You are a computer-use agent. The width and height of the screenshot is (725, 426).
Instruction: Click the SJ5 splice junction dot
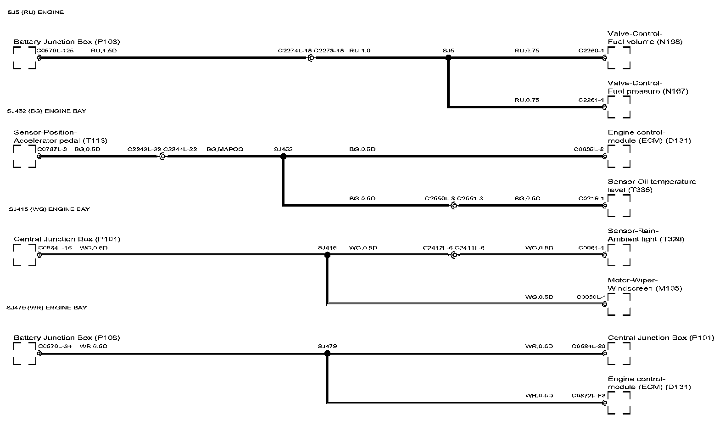tap(448, 58)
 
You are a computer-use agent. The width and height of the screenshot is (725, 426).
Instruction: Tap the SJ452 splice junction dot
tap(283, 157)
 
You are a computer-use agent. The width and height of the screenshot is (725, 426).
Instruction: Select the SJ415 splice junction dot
tap(327, 255)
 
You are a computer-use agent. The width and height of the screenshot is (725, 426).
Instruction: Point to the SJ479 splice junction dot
tap(327, 353)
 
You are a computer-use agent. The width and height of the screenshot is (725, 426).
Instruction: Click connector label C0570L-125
tap(55, 50)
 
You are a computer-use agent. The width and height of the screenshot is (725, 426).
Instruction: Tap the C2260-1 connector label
tap(591, 50)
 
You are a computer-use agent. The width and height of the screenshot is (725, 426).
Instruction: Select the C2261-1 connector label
tap(591, 100)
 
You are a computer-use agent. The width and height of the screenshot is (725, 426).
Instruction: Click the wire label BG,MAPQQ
tap(225, 149)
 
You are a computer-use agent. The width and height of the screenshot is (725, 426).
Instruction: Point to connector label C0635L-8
tap(589, 149)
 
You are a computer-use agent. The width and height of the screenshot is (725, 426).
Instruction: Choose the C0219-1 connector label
tap(591, 198)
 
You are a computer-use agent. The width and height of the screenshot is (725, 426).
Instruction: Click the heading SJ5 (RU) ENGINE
tap(36, 12)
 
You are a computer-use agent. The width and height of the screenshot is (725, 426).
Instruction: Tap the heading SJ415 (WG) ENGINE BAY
tap(49, 209)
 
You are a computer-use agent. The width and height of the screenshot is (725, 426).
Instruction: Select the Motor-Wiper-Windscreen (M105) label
tap(645, 285)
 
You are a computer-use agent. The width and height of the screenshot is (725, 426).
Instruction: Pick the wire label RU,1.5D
tap(104, 50)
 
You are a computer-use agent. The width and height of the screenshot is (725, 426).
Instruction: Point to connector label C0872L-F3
tap(588, 395)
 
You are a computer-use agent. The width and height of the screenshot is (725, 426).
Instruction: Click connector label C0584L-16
tap(55, 248)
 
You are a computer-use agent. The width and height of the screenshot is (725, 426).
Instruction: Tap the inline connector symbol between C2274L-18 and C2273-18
tap(311, 58)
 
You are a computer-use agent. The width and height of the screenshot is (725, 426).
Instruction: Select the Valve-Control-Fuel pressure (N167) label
tap(647, 87)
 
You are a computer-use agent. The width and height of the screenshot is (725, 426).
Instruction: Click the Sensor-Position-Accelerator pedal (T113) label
tap(60, 136)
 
